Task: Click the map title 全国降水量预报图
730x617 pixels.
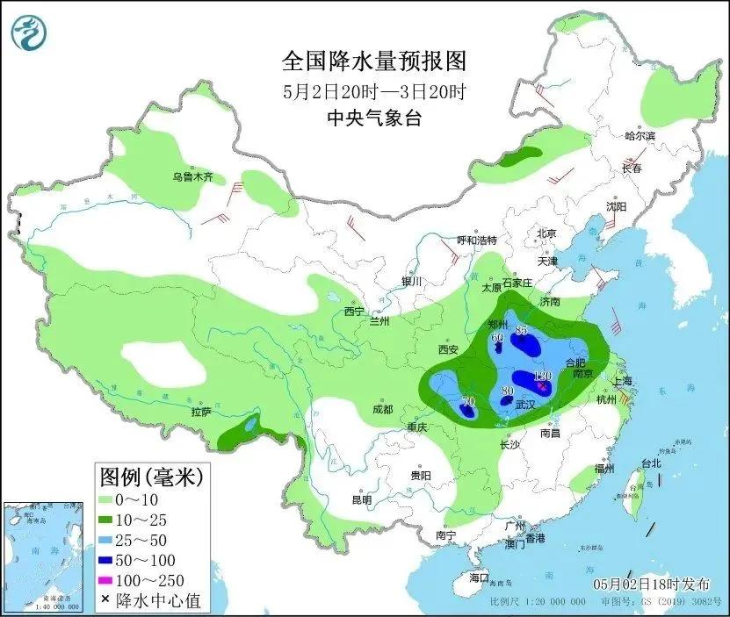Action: pyautogui.click(x=373, y=61)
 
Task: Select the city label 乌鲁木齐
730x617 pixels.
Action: pyautogui.click(x=193, y=177)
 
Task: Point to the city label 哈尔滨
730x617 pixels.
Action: pyautogui.click(x=640, y=136)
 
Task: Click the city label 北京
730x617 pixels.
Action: pyautogui.click(x=546, y=233)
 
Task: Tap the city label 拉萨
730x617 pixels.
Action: pyautogui.click(x=200, y=412)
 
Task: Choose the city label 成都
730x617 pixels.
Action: pyautogui.click(x=382, y=408)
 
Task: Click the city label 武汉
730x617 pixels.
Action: pyautogui.click(x=525, y=405)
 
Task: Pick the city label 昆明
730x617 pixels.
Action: pyautogui.click(x=361, y=499)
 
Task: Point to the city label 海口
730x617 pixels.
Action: pyautogui.click(x=478, y=578)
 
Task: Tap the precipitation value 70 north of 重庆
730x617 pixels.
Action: pyautogui.click(x=467, y=401)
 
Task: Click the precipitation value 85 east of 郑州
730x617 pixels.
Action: pyautogui.click(x=521, y=331)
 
